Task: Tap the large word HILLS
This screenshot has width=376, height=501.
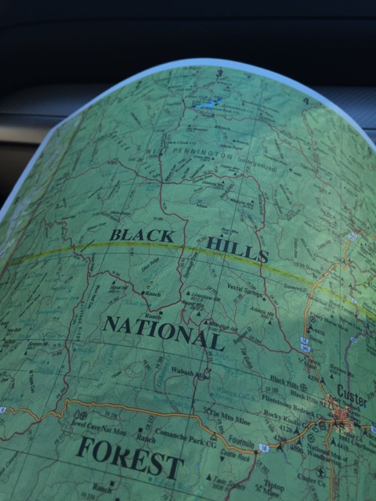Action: (x=237, y=250)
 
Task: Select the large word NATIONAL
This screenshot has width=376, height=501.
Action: (x=164, y=332)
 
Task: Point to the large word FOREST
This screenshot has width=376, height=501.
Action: (x=130, y=457)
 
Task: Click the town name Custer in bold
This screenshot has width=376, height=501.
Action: (x=352, y=391)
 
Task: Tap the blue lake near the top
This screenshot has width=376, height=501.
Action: (x=204, y=104)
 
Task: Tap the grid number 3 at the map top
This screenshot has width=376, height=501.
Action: (x=222, y=74)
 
